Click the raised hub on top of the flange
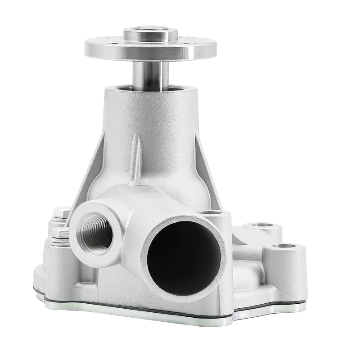pos(150,34)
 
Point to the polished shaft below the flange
pos(150,74)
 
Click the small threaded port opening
pos(96,232)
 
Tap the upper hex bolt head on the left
pos(61,212)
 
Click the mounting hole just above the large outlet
pos(210,212)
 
